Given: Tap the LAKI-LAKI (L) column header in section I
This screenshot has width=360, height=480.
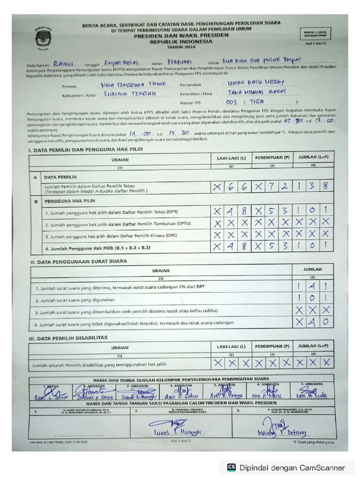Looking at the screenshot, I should click(x=231, y=158).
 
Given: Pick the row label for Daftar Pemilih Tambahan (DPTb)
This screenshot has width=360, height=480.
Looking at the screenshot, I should click(x=118, y=224).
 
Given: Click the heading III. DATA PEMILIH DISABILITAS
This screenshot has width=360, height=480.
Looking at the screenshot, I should click(x=68, y=337).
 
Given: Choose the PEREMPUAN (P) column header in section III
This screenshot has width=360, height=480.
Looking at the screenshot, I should click(x=272, y=346).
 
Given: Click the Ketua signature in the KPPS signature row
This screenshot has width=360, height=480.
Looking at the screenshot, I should click(x=49, y=393).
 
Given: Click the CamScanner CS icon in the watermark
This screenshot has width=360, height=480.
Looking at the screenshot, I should click(x=231, y=467).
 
